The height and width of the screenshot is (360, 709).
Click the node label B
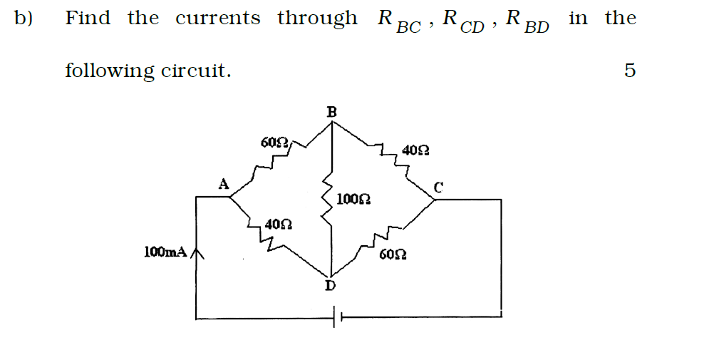(331, 111)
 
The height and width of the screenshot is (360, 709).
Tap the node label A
(223, 184)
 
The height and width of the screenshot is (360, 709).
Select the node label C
(439, 188)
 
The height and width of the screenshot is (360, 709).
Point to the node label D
(330, 286)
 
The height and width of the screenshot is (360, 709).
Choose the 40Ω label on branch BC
(415, 150)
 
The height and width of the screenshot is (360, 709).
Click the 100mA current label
(165, 252)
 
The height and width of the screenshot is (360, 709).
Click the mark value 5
(628, 71)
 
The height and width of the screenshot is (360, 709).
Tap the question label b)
(24, 19)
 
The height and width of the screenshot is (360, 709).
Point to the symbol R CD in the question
(462, 21)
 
